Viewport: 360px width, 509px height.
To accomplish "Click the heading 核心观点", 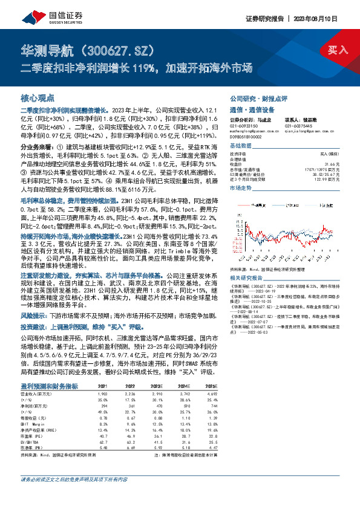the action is (38, 97).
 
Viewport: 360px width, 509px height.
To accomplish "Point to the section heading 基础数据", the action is (240, 146).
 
